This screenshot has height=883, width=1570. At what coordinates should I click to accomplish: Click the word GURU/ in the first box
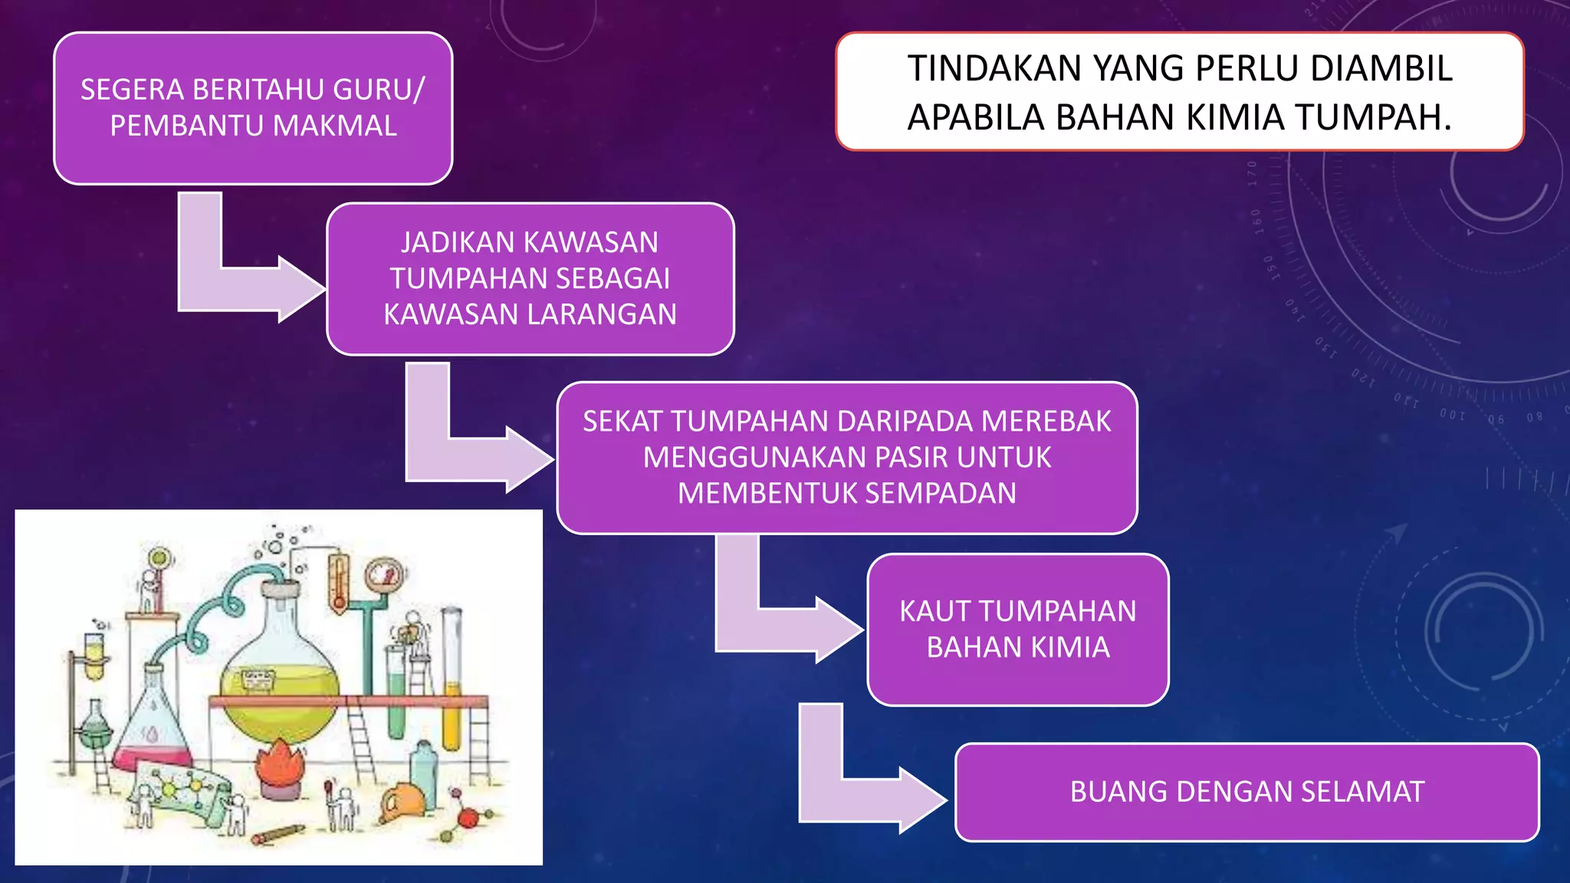(379, 90)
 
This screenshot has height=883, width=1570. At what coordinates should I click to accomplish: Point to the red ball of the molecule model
(465, 819)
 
